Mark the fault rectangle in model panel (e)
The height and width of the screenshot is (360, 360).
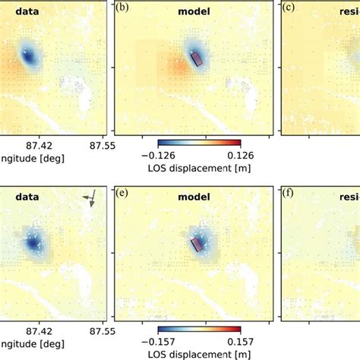coord(196,243)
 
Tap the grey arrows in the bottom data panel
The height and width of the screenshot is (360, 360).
coord(90,199)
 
